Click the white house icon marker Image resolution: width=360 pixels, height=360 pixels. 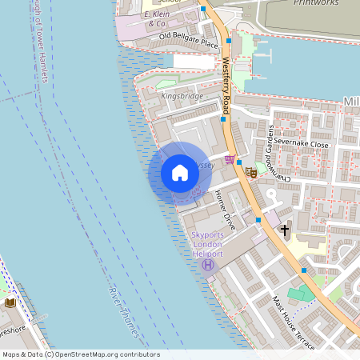pos(180,173)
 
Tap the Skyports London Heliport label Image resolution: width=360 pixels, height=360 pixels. pos(209,244)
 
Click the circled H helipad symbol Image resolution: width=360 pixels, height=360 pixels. pos(208,265)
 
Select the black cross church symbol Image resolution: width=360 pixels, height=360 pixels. pos(284,231)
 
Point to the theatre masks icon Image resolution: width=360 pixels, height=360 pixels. pos(250,171)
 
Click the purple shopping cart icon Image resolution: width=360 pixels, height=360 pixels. pos(230,160)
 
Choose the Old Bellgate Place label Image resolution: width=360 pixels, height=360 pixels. pos(188,40)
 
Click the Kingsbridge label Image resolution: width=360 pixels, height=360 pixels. pos(182,96)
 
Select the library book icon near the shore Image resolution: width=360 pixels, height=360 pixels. pos(10,302)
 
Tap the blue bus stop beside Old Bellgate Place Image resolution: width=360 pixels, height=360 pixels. pos(229,39)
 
